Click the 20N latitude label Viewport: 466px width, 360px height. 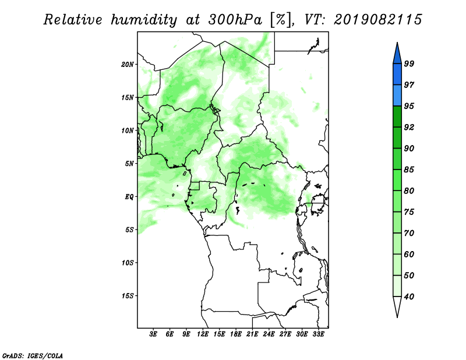pos(128,65)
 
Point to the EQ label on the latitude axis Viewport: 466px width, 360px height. pos(129,197)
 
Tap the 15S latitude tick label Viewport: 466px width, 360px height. pos(128,296)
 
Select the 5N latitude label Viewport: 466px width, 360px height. pos(129,164)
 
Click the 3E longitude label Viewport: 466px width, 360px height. pos(153,334)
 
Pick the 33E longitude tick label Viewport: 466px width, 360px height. pos(318,334)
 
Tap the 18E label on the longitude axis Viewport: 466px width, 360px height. pos(236,334)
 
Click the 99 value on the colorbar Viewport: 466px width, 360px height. pos(409,63)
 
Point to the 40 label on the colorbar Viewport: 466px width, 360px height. pos(409,297)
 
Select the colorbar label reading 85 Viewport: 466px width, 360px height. pos(409,170)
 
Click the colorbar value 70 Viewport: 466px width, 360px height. pos(409,233)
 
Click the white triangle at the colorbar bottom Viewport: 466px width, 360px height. pos(397,306)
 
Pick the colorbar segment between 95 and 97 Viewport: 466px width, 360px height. pos(397,96)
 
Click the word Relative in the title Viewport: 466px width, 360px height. pos(73,20)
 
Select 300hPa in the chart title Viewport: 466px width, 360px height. pos(235,20)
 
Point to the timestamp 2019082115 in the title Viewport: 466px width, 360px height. pos(377,20)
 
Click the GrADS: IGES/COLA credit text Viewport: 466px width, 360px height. pos(33,355)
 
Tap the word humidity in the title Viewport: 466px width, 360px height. pos(144,20)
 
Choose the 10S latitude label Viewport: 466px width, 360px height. pos(128,263)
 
